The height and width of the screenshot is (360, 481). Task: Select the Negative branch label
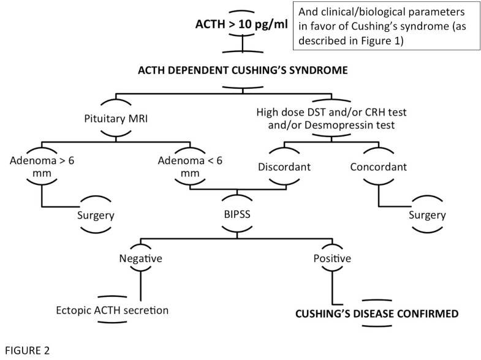pos(141,259)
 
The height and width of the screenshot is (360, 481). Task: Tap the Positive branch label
pos(331,259)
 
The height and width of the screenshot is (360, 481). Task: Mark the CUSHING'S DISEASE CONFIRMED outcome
pos(377,314)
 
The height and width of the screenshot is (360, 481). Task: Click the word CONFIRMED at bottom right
pos(425,314)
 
